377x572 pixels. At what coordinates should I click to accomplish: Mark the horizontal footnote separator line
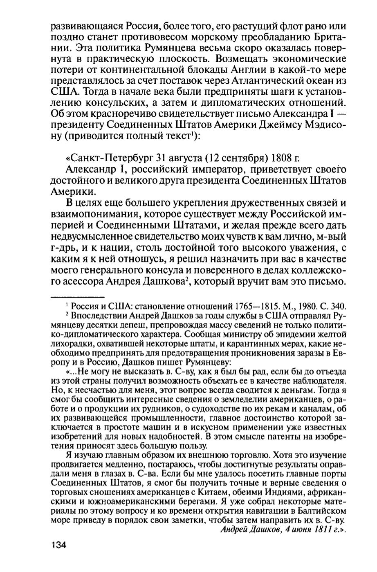pos(77,295)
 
